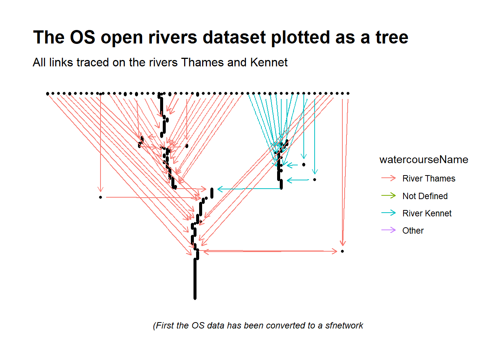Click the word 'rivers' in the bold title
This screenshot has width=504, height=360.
pos(173,37)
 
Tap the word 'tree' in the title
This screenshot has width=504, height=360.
pos(392,37)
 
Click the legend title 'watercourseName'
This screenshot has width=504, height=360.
pos(424,160)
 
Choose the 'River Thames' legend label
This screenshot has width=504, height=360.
pos(429,178)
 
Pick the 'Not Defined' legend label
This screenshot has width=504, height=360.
pos(425,196)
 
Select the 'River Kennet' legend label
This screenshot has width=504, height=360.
pos(427,213)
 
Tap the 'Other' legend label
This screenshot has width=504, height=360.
pos(413,231)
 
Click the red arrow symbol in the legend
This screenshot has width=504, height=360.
pos(388,178)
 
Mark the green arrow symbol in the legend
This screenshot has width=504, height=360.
pos(388,195)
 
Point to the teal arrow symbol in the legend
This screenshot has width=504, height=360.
pos(388,213)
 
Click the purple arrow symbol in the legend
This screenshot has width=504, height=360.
pos(388,230)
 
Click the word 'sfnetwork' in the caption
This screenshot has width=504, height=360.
pos(344,325)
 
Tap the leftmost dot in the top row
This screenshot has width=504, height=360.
pos(48,93)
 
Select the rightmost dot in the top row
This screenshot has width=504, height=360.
pos(348,93)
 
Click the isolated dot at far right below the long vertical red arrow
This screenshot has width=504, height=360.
pos(342,251)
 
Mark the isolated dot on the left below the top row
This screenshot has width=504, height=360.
pos(100,197)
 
